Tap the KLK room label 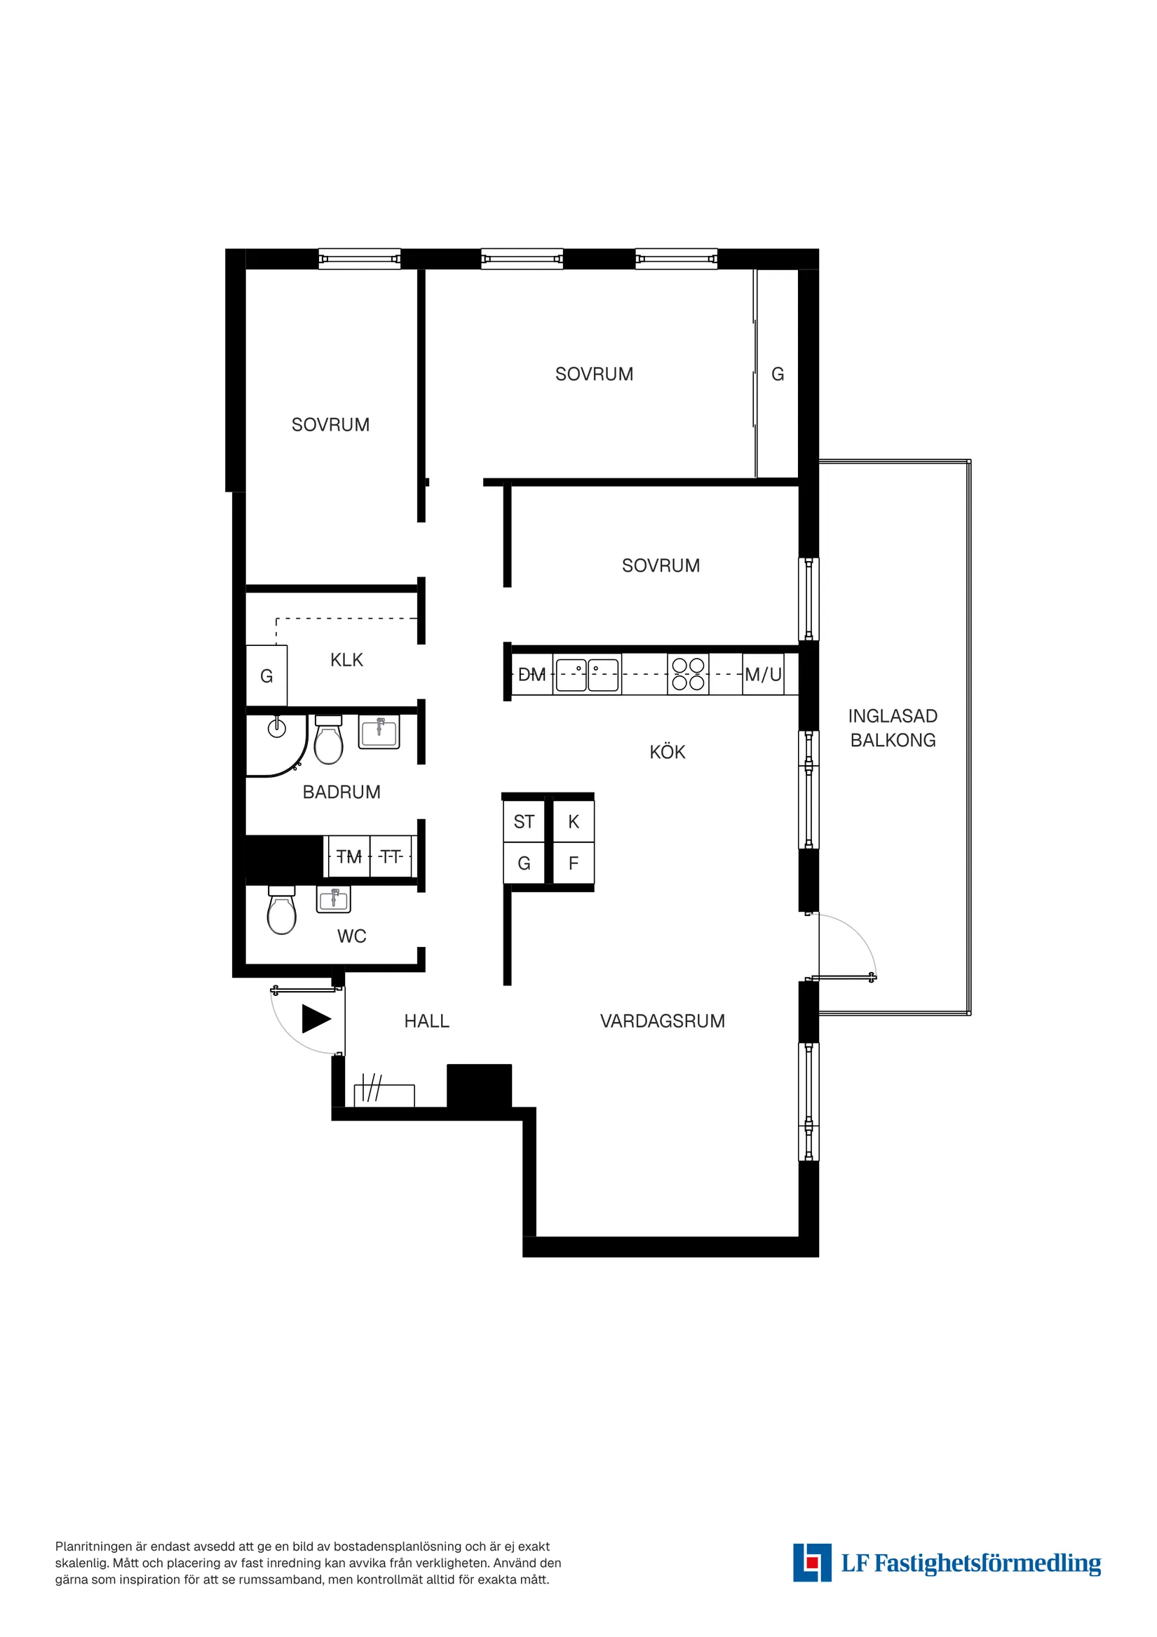pyautogui.click(x=346, y=660)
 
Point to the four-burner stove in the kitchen pyautogui.click(x=688, y=674)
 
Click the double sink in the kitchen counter pyautogui.click(x=587, y=675)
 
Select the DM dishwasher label pyautogui.click(x=532, y=675)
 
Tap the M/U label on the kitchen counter pyautogui.click(x=763, y=675)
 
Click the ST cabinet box pyautogui.click(x=524, y=822)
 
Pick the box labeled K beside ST pyautogui.click(x=573, y=822)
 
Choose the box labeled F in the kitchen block pyautogui.click(x=573, y=863)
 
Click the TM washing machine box pyautogui.click(x=349, y=856)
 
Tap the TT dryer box pyautogui.click(x=391, y=856)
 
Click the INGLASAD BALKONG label pyautogui.click(x=893, y=728)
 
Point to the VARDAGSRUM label pyautogui.click(x=662, y=1021)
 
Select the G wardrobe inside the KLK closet pyautogui.click(x=266, y=676)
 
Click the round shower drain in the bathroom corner pyautogui.click(x=276, y=728)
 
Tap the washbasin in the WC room pyautogui.click(x=334, y=900)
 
